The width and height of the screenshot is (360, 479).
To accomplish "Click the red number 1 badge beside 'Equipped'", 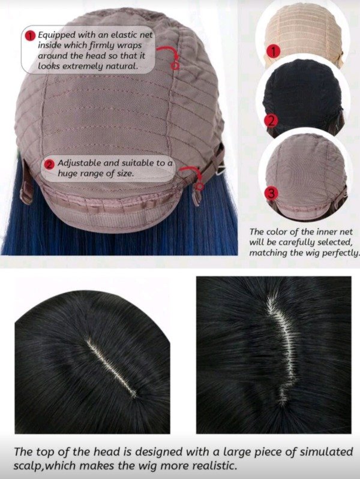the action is tap(30, 36).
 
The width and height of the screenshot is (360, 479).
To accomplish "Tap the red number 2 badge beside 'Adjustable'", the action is tap(49, 164).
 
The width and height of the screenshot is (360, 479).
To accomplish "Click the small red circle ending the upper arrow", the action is tap(175, 66).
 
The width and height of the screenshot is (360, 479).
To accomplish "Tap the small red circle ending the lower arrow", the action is tap(200, 186).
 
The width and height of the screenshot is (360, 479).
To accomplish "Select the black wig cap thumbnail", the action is tap(303, 97).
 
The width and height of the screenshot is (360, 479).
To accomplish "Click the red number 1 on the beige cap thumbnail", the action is tap(273, 52).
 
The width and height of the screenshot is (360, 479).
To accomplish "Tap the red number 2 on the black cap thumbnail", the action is tap(272, 121).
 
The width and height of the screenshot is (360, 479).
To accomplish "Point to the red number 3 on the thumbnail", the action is tap(272, 193).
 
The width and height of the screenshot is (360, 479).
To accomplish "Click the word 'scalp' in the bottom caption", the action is tap(28, 466).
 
